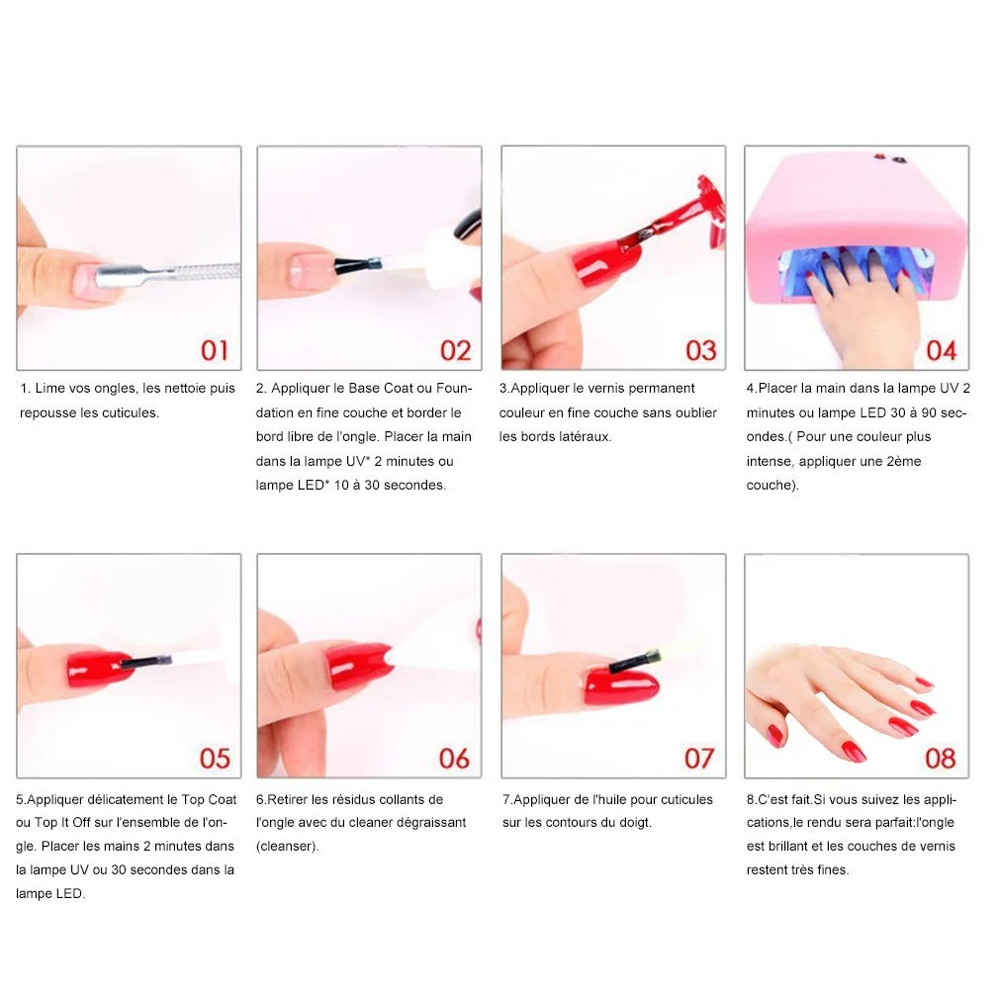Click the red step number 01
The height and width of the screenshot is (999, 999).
(214, 350)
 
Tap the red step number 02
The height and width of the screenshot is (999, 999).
(456, 350)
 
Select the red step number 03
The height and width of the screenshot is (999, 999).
(701, 350)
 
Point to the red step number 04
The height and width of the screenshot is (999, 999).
(941, 350)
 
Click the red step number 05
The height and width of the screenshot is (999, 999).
(215, 759)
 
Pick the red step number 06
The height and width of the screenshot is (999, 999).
(454, 759)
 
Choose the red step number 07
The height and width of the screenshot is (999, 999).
(699, 759)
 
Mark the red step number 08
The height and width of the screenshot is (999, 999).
(941, 759)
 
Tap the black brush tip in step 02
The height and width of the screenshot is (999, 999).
(357, 264)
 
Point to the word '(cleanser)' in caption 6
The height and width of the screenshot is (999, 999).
(288, 847)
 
